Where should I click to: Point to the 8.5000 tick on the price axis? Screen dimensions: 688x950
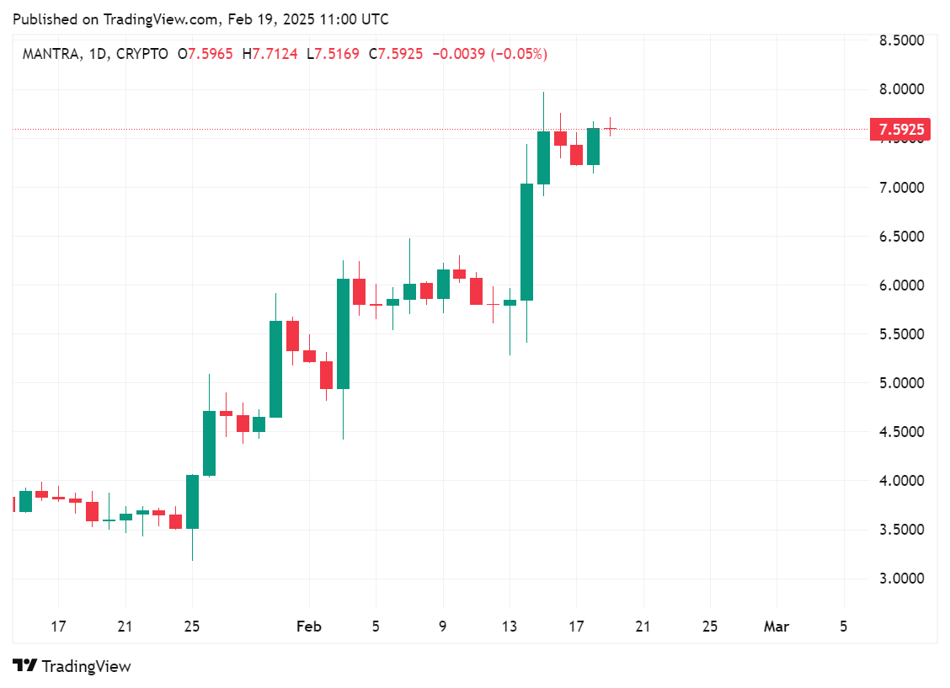pos(901,40)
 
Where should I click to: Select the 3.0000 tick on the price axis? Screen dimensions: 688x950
pos(901,579)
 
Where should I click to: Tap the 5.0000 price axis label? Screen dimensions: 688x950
pos(901,383)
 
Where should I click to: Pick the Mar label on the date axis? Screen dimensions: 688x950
pos(776,627)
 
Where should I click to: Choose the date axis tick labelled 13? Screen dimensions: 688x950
pos(510,627)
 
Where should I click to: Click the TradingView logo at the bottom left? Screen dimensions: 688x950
pos(72,666)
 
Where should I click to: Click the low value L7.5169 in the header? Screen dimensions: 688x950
pos(333,54)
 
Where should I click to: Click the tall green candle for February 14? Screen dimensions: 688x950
pos(526,242)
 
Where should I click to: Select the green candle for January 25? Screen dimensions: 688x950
pos(192,502)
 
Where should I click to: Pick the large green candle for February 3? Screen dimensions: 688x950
pos(343,333)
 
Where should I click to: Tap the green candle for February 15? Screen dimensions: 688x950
pos(543,157)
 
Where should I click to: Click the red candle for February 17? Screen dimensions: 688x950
pos(577,154)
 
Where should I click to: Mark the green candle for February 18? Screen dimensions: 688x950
pos(593,147)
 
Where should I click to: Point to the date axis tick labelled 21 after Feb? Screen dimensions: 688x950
pos(643,627)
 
